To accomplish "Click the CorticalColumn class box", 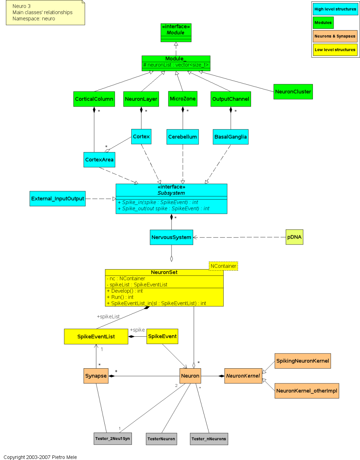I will coord(94,99).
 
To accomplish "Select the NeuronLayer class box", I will coord(141,99).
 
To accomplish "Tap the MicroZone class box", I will coord(182,99).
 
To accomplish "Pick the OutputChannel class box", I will coord(231,99).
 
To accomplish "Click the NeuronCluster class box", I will coord(293,92).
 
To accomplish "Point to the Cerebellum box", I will coord(182,137).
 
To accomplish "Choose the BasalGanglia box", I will coord(231,137).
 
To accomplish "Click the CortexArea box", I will coord(99,160).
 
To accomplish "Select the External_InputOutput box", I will coord(58,199).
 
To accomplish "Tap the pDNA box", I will coord(294,237).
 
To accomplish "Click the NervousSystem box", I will coord(171,237).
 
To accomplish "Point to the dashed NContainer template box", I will coord(223,266).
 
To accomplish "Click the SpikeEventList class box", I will coord(96,337).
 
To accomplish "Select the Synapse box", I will coord(96,376).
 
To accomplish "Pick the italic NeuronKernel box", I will coord(243,376).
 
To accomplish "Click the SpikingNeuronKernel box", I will coord(302,361).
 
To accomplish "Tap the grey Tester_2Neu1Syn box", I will coord(112,439).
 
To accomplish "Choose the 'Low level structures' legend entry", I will coord(335,50).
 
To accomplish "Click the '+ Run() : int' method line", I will coord(120,297).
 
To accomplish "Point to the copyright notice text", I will coord(40,457).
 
